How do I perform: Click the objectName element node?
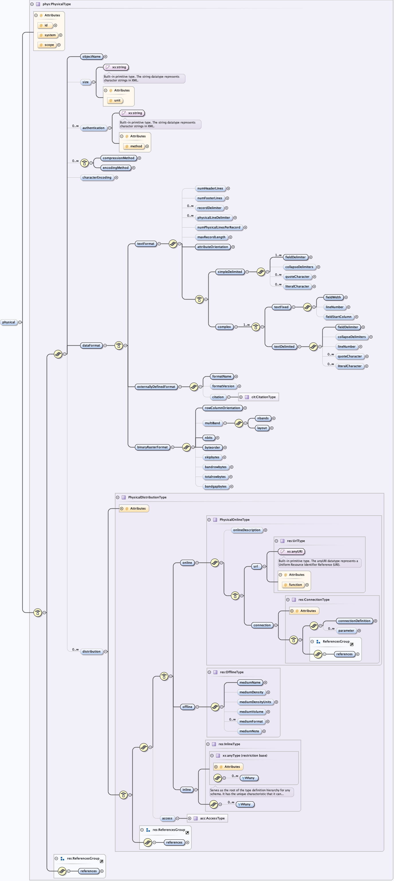[91, 57]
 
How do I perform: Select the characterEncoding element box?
[97, 177]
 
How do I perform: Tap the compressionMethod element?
[118, 158]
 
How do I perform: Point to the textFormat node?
[145, 244]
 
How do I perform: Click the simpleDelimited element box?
[230, 272]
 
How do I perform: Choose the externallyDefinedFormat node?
[156, 387]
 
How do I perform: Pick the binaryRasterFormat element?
[152, 447]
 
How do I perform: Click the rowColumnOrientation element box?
[222, 408]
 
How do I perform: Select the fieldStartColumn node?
[338, 317]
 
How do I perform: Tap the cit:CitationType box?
[263, 397]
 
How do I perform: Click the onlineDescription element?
[247, 530]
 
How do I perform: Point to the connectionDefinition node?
[354, 621]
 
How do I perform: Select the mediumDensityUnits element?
[255, 702]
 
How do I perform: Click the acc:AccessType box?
[212, 819]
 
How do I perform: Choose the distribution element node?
[91, 651]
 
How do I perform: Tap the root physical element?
[9, 322]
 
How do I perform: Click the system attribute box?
[50, 35]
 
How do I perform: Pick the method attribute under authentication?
[136, 146]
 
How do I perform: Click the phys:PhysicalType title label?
[56, 4]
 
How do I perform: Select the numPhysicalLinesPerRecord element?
[219, 228]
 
